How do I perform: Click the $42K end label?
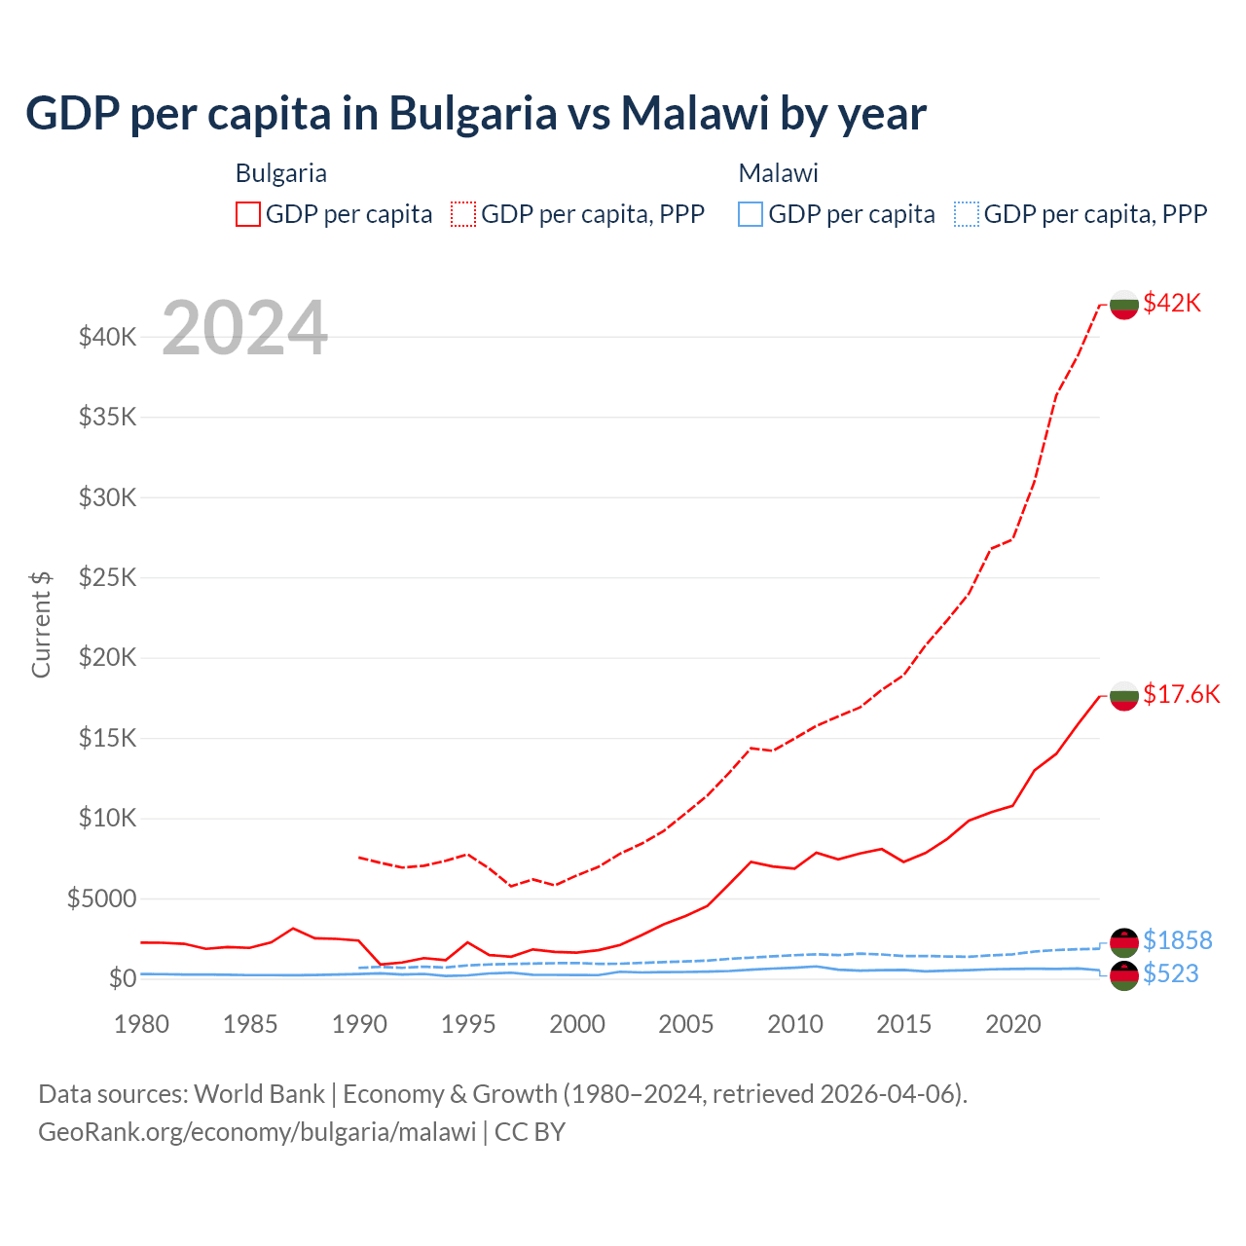1172,303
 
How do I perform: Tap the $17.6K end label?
1181,694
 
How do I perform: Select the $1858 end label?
1177,940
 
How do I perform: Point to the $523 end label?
1170,973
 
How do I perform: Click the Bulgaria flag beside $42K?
1124,305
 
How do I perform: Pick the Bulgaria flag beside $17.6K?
1124,696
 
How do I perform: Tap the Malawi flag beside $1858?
1124,942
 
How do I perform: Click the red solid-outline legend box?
248,214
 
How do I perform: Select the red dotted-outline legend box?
463,214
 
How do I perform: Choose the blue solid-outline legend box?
751,214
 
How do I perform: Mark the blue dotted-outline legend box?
967,214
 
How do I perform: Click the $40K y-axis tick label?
108,338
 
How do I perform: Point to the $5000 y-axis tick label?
102,898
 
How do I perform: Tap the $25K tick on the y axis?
108,578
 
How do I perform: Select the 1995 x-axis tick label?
468,1024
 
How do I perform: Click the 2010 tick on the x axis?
795,1024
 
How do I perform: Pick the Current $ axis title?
41,624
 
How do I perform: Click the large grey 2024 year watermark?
245,328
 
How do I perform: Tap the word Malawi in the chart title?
695,114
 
